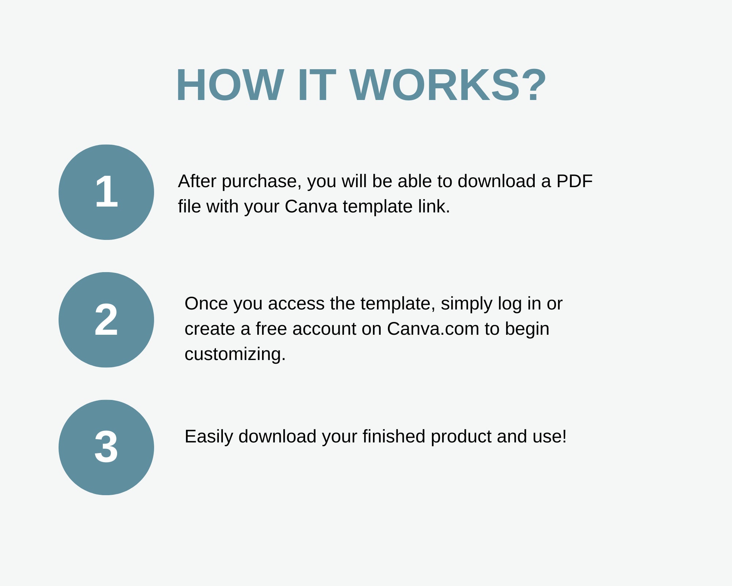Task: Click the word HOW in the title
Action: click(230, 85)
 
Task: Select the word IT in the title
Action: click(317, 85)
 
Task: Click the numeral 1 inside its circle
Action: click(107, 191)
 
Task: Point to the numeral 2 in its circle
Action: click(106, 319)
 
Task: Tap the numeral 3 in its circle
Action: click(106, 447)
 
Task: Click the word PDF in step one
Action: click(574, 181)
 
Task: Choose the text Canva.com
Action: click(433, 329)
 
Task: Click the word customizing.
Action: click(235, 355)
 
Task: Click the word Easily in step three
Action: click(209, 437)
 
